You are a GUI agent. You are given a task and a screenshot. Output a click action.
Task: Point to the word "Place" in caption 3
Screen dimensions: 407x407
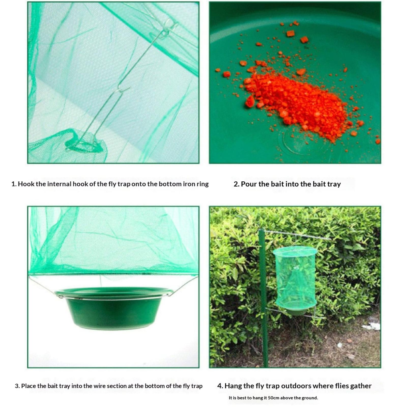[28, 386]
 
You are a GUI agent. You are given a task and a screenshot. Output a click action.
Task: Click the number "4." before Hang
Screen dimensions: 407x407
[220, 386]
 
